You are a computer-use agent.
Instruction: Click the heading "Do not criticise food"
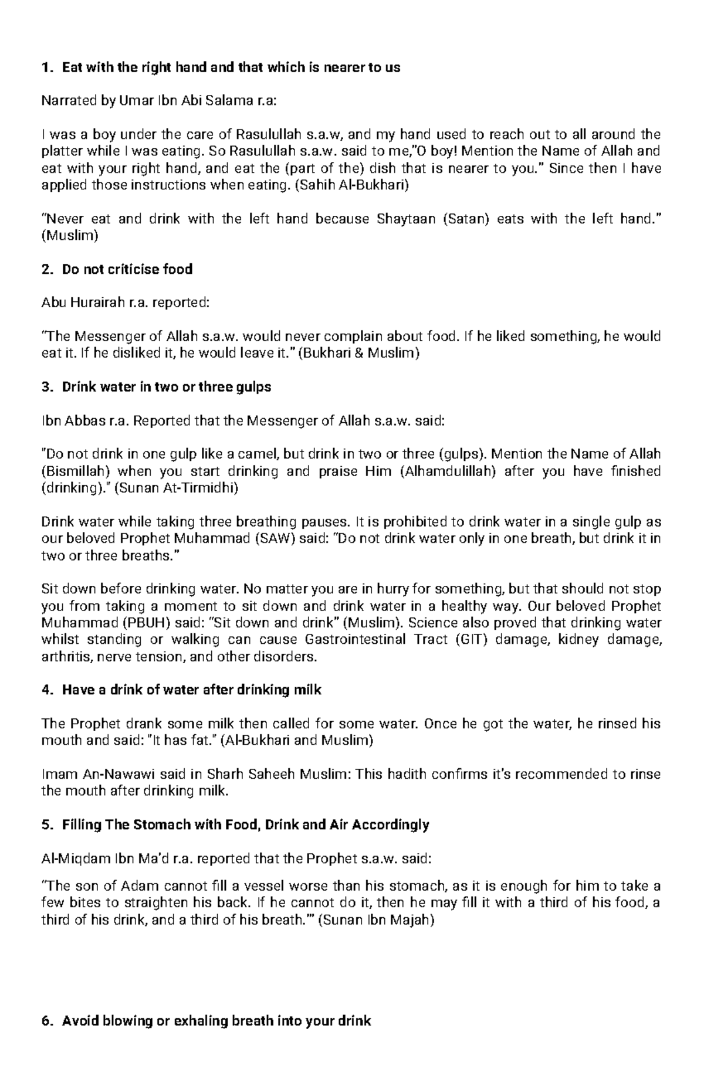point(127,270)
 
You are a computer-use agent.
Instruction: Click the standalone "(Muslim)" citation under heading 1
point(70,236)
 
